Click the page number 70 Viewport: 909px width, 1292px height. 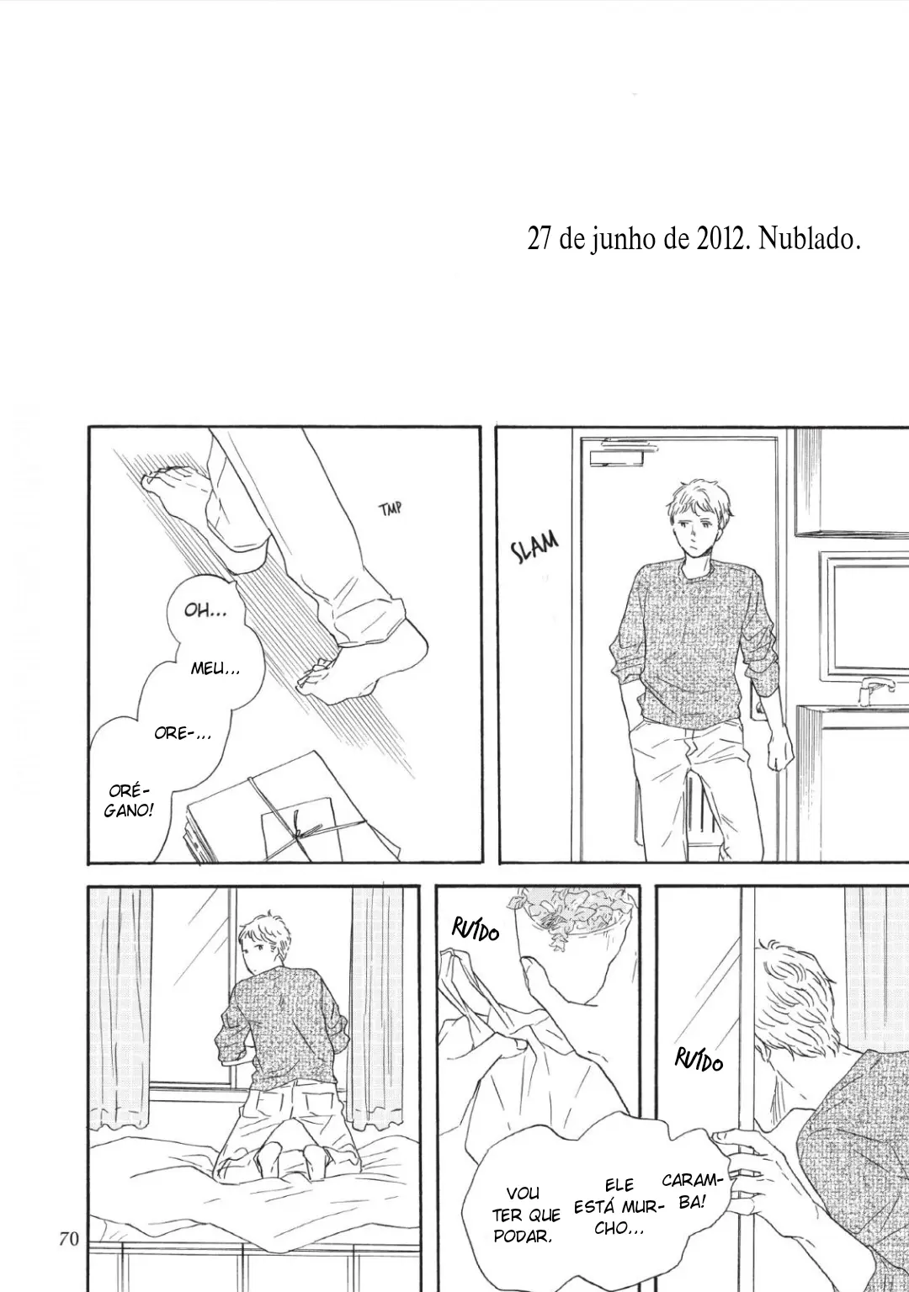pyautogui.click(x=69, y=1237)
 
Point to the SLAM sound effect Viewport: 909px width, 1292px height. pyautogui.click(x=534, y=547)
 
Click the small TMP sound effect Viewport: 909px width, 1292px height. pyautogui.click(x=390, y=509)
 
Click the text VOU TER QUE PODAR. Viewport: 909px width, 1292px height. pyautogui.click(x=526, y=1215)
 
